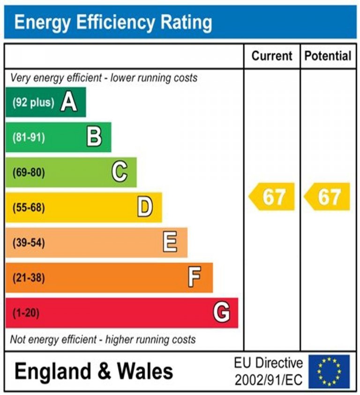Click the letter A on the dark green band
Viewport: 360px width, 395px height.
[69, 102]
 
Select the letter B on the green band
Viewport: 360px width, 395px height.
[94, 137]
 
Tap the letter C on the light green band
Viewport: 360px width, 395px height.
[120, 172]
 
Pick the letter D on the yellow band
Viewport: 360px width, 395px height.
[145, 208]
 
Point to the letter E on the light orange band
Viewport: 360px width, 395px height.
[170, 243]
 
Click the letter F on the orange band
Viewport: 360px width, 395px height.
[195, 278]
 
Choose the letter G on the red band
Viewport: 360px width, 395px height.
[221, 313]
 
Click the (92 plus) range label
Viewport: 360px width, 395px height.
[33, 103]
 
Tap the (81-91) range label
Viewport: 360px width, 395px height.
[29, 138]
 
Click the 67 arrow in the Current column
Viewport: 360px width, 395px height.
[272, 197]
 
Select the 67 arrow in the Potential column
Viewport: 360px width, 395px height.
[328, 197]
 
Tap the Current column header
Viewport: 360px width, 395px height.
[272, 56]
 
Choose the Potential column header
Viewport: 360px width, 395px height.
[328, 56]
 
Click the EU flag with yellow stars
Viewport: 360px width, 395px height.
[329, 371]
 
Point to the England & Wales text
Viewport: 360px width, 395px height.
[94, 372]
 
